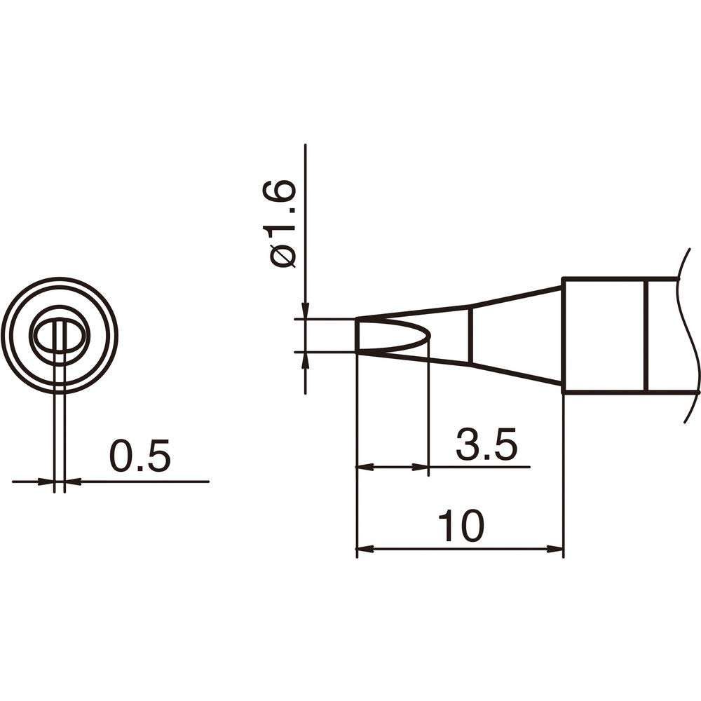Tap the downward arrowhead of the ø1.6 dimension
coord(305,312)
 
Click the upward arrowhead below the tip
coord(305,359)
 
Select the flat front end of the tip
coord(358,336)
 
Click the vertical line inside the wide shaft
coord(646,336)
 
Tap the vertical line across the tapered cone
coord(469,334)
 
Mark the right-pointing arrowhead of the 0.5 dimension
coord(49,482)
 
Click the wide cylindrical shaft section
coord(603,336)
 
